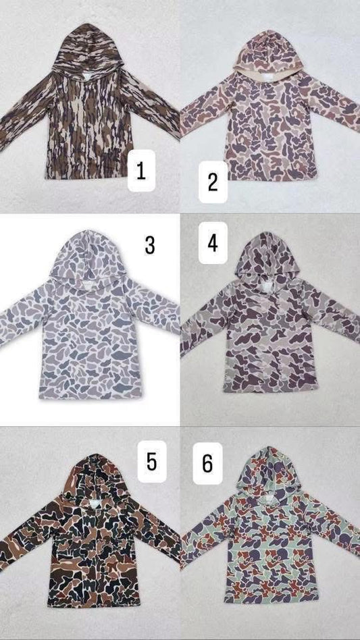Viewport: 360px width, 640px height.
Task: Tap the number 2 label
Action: pyautogui.click(x=212, y=182)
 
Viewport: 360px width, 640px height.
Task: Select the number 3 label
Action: pyautogui.click(x=149, y=244)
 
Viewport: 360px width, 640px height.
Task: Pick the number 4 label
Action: pyautogui.click(x=212, y=244)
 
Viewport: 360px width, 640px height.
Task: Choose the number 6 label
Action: pyautogui.click(x=207, y=462)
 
